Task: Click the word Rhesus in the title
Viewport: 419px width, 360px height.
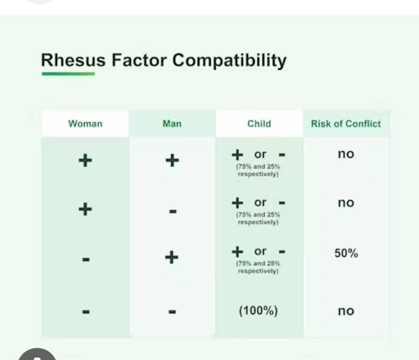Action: tap(73, 60)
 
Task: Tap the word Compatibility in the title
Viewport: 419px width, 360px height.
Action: tap(229, 61)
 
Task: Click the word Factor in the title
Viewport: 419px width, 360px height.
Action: tap(139, 60)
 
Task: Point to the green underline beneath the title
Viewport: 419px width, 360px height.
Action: tap(68, 74)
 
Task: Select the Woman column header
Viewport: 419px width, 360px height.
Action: tap(85, 124)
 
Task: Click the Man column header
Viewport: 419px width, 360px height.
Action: tap(172, 124)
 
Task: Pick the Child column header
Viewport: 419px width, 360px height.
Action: tap(259, 124)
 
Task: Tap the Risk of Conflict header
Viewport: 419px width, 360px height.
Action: tap(346, 124)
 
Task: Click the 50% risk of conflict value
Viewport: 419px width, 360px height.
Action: tap(346, 253)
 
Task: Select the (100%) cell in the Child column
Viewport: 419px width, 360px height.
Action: tap(258, 311)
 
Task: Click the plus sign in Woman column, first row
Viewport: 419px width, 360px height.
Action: tap(85, 160)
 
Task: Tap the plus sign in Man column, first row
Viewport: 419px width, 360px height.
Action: tap(172, 160)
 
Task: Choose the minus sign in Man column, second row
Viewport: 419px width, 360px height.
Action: tap(173, 212)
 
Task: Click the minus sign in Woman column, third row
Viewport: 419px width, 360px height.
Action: tap(86, 259)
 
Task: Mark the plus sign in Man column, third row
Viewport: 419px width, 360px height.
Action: tap(171, 257)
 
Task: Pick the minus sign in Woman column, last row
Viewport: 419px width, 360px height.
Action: tap(86, 311)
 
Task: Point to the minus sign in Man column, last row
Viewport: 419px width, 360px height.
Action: tap(173, 311)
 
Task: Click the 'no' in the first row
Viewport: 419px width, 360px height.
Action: tap(346, 154)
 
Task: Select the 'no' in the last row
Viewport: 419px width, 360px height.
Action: tap(346, 311)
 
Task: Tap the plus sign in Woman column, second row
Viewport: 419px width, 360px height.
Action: tap(85, 209)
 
